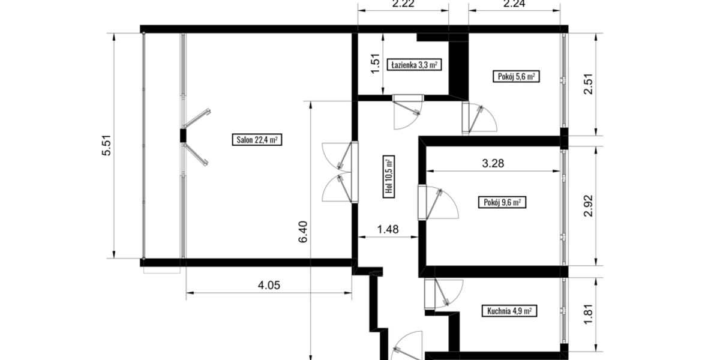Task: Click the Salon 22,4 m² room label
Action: (x=256, y=140)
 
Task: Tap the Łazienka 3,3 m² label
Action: (x=414, y=65)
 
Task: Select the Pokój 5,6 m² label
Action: (x=516, y=77)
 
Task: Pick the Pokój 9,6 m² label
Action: (x=502, y=202)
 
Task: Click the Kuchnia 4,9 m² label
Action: (x=509, y=311)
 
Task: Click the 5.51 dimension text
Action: (x=107, y=146)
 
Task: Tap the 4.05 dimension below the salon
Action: (x=269, y=285)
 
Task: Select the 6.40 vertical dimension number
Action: (x=303, y=232)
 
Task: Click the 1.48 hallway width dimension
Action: (x=388, y=229)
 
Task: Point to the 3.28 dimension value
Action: (x=493, y=164)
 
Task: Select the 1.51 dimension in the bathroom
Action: (x=376, y=65)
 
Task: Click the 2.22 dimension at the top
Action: (x=403, y=5)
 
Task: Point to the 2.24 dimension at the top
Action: (x=514, y=5)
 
